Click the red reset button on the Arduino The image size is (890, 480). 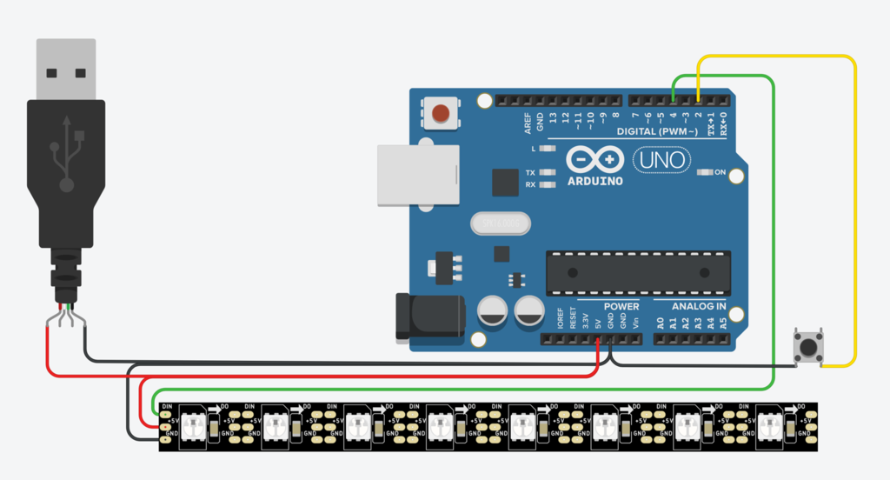(x=442, y=113)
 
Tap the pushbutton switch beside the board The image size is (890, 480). (x=808, y=348)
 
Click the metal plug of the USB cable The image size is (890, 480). (x=66, y=70)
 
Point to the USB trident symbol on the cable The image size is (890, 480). (x=67, y=154)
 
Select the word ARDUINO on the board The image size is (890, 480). (x=594, y=182)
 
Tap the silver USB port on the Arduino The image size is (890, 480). (x=417, y=175)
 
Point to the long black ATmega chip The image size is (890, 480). (x=638, y=273)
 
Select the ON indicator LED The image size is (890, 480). (x=706, y=172)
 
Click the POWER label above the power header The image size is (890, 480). (x=621, y=306)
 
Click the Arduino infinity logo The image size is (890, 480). (x=595, y=160)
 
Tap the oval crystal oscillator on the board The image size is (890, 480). (x=500, y=223)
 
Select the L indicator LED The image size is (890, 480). (x=547, y=149)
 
